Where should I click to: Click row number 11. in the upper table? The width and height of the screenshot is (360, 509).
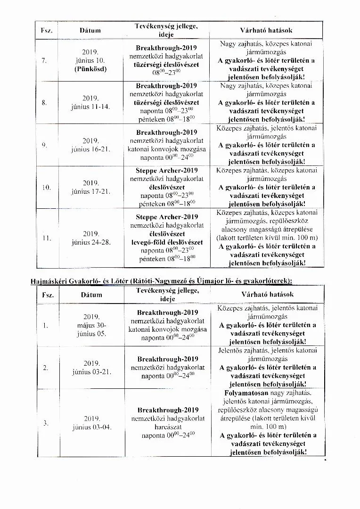47,238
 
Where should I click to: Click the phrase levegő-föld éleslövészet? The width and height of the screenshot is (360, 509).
167,242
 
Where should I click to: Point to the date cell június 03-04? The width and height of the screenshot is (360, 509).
92,427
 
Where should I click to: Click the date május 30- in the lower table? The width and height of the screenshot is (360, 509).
92,325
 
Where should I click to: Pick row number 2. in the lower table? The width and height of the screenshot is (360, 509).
47,368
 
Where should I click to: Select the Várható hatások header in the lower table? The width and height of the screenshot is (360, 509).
267,294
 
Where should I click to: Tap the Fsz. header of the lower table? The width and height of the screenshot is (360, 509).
48,295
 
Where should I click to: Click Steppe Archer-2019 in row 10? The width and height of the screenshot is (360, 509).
167,171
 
